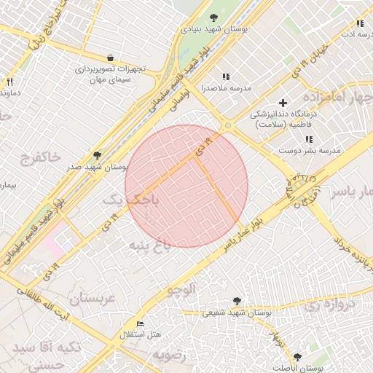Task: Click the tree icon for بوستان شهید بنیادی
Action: [213, 17]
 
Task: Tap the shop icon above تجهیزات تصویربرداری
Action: [110, 58]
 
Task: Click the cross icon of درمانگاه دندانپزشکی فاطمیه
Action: [283, 103]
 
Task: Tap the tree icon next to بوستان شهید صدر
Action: [97, 155]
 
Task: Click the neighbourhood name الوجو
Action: [182, 289]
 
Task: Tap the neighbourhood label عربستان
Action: [93, 299]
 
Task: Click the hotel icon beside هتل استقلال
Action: [141, 323]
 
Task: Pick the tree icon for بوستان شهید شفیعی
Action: [236, 300]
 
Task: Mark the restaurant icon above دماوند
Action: [9, 82]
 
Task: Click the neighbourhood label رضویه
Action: [169, 354]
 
